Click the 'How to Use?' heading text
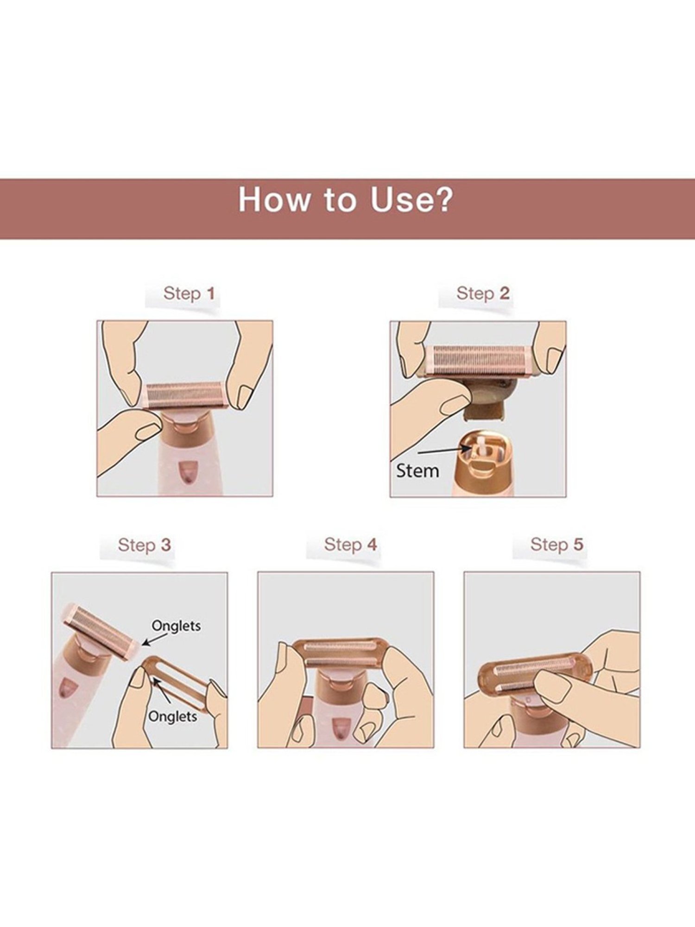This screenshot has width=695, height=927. [346, 200]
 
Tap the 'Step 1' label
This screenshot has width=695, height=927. [189, 293]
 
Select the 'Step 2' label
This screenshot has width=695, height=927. [483, 293]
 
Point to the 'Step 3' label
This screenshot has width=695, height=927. [144, 545]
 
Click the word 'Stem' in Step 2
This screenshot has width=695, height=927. [417, 471]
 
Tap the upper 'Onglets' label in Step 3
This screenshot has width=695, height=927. [176, 626]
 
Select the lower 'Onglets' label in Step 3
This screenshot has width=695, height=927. [172, 717]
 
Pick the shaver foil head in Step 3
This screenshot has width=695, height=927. [99, 629]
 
